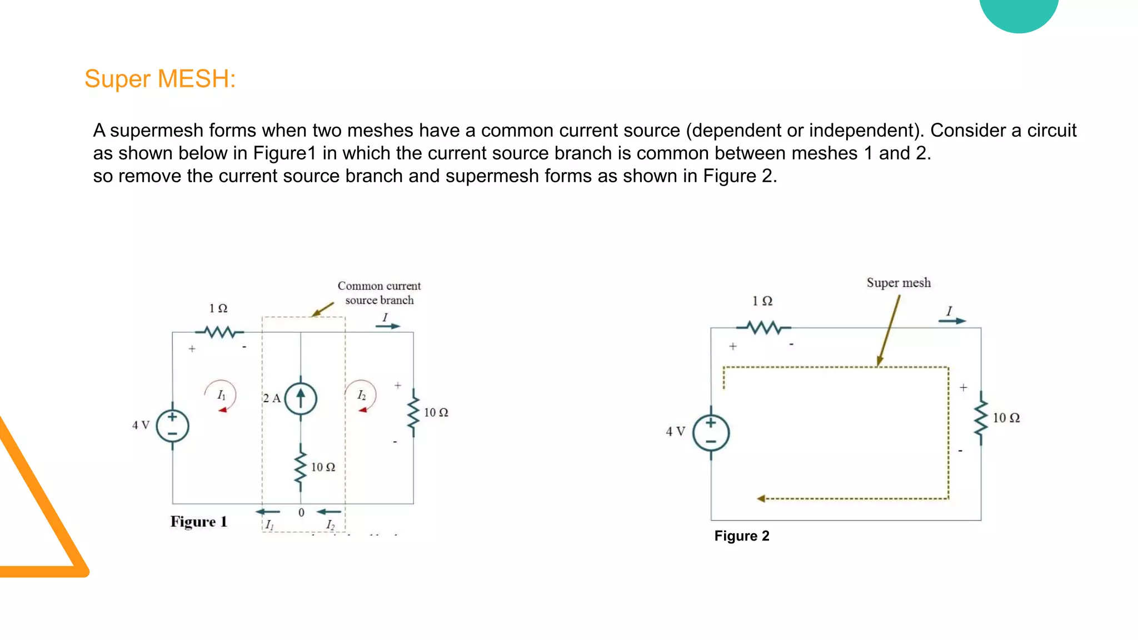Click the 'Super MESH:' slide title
pyautogui.click(x=160, y=79)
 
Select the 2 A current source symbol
pyautogui.click(x=301, y=398)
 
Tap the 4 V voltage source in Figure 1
pyautogui.click(x=172, y=426)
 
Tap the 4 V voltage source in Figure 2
pyautogui.click(x=711, y=433)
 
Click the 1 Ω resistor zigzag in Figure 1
pyautogui.click(x=221, y=332)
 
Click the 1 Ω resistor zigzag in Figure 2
pyautogui.click(x=765, y=328)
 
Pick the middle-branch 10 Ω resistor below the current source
pyautogui.click(x=301, y=468)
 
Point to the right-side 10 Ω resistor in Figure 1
pyautogui.click(x=413, y=413)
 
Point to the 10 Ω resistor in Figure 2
pyautogui.click(x=981, y=418)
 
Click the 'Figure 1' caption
pyautogui.click(x=199, y=522)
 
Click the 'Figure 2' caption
pyautogui.click(x=742, y=536)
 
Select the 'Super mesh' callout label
pyautogui.click(x=899, y=283)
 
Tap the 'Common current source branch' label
pyautogui.click(x=379, y=293)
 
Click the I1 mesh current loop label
pyautogui.click(x=221, y=395)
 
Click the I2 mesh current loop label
pyautogui.click(x=361, y=395)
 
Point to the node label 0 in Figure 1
pyautogui.click(x=301, y=512)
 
